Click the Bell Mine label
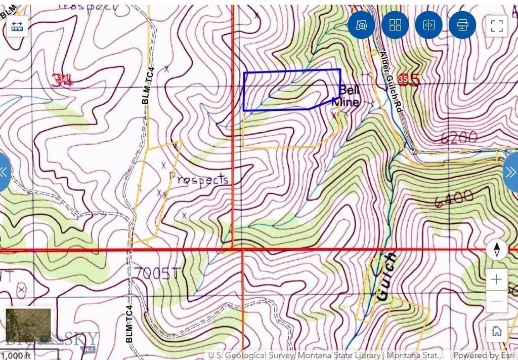(x=347, y=96)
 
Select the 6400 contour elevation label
(x=453, y=199)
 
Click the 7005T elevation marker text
(x=157, y=273)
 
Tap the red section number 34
(x=65, y=79)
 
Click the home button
(x=496, y=331)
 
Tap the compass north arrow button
(x=497, y=250)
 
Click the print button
(x=462, y=25)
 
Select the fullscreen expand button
(x=496, y=25)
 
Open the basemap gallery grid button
(x=395, y=25)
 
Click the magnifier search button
(x=361, y=25)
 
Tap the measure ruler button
(x=18, y=26)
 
